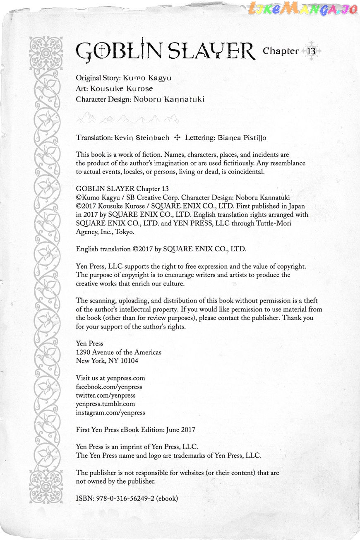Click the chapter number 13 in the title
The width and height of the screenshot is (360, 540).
311,51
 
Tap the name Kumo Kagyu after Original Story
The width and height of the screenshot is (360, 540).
147,78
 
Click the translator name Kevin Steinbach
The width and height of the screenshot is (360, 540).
142,137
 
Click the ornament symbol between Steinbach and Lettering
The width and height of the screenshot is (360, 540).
177,137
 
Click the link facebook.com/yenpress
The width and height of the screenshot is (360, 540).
109,386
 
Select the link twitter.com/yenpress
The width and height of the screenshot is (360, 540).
106,395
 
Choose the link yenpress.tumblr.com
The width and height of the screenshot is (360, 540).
105,404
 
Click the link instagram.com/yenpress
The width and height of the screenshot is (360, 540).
110,413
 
